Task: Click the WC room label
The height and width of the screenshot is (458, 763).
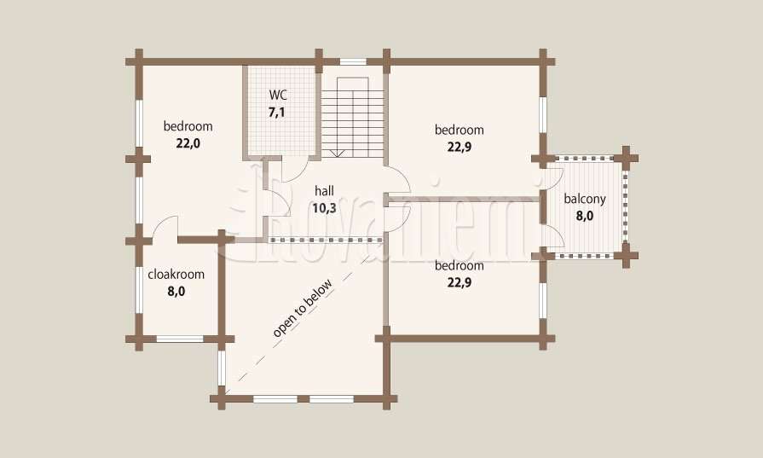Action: click(277, 95)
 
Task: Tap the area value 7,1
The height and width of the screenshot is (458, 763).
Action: click(277, 113)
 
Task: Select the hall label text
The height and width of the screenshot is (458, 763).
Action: click(324, 190)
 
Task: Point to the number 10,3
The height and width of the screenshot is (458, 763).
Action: click(324, 208)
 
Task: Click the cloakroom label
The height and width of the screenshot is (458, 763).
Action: click(176, 274)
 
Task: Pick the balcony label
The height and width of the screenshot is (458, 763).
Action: click(585, 199)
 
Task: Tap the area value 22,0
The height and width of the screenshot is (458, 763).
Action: click(188, 143)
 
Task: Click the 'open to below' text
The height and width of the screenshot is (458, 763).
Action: click(303, 308)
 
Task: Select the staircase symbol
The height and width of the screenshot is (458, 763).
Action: click(353, 117)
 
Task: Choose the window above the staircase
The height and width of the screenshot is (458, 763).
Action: click(353, 61)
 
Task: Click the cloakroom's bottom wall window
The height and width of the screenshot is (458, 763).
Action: click(180, 339)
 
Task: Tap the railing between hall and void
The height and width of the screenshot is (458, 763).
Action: click(326, 241)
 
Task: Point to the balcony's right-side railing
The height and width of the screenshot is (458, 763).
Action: click(626, 206)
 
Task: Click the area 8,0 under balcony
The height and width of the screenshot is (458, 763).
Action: click(585, 216)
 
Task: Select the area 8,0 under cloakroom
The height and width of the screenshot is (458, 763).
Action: click(176, 292)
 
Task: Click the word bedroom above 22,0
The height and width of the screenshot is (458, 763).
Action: click(188, 126)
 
